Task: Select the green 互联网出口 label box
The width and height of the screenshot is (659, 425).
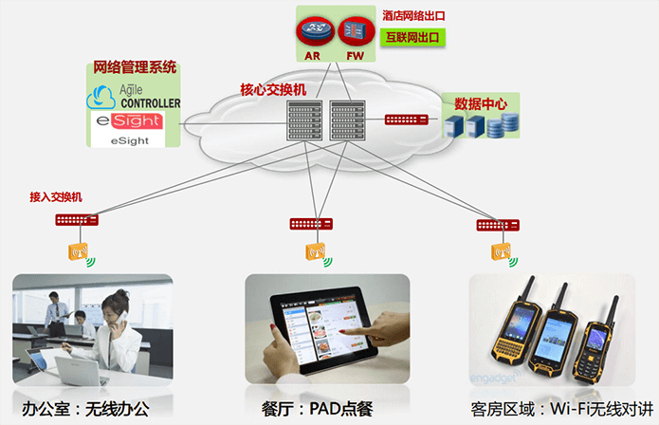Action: (x=413, y=38)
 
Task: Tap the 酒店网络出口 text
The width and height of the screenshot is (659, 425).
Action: (x=413, y=16)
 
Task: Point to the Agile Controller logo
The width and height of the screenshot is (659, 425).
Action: (x=133, y=97)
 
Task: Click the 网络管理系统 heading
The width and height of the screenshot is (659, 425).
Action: (x=133, y=68)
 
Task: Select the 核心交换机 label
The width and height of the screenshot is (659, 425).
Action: (x=273, y=90)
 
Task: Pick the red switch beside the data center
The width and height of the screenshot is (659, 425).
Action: (x=406, y=120)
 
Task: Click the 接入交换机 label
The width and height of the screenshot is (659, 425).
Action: (x=56, y=196)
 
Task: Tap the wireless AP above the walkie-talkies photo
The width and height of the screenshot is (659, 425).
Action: (x=500, y=251)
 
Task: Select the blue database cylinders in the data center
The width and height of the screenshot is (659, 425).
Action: (x=510, y=122)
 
